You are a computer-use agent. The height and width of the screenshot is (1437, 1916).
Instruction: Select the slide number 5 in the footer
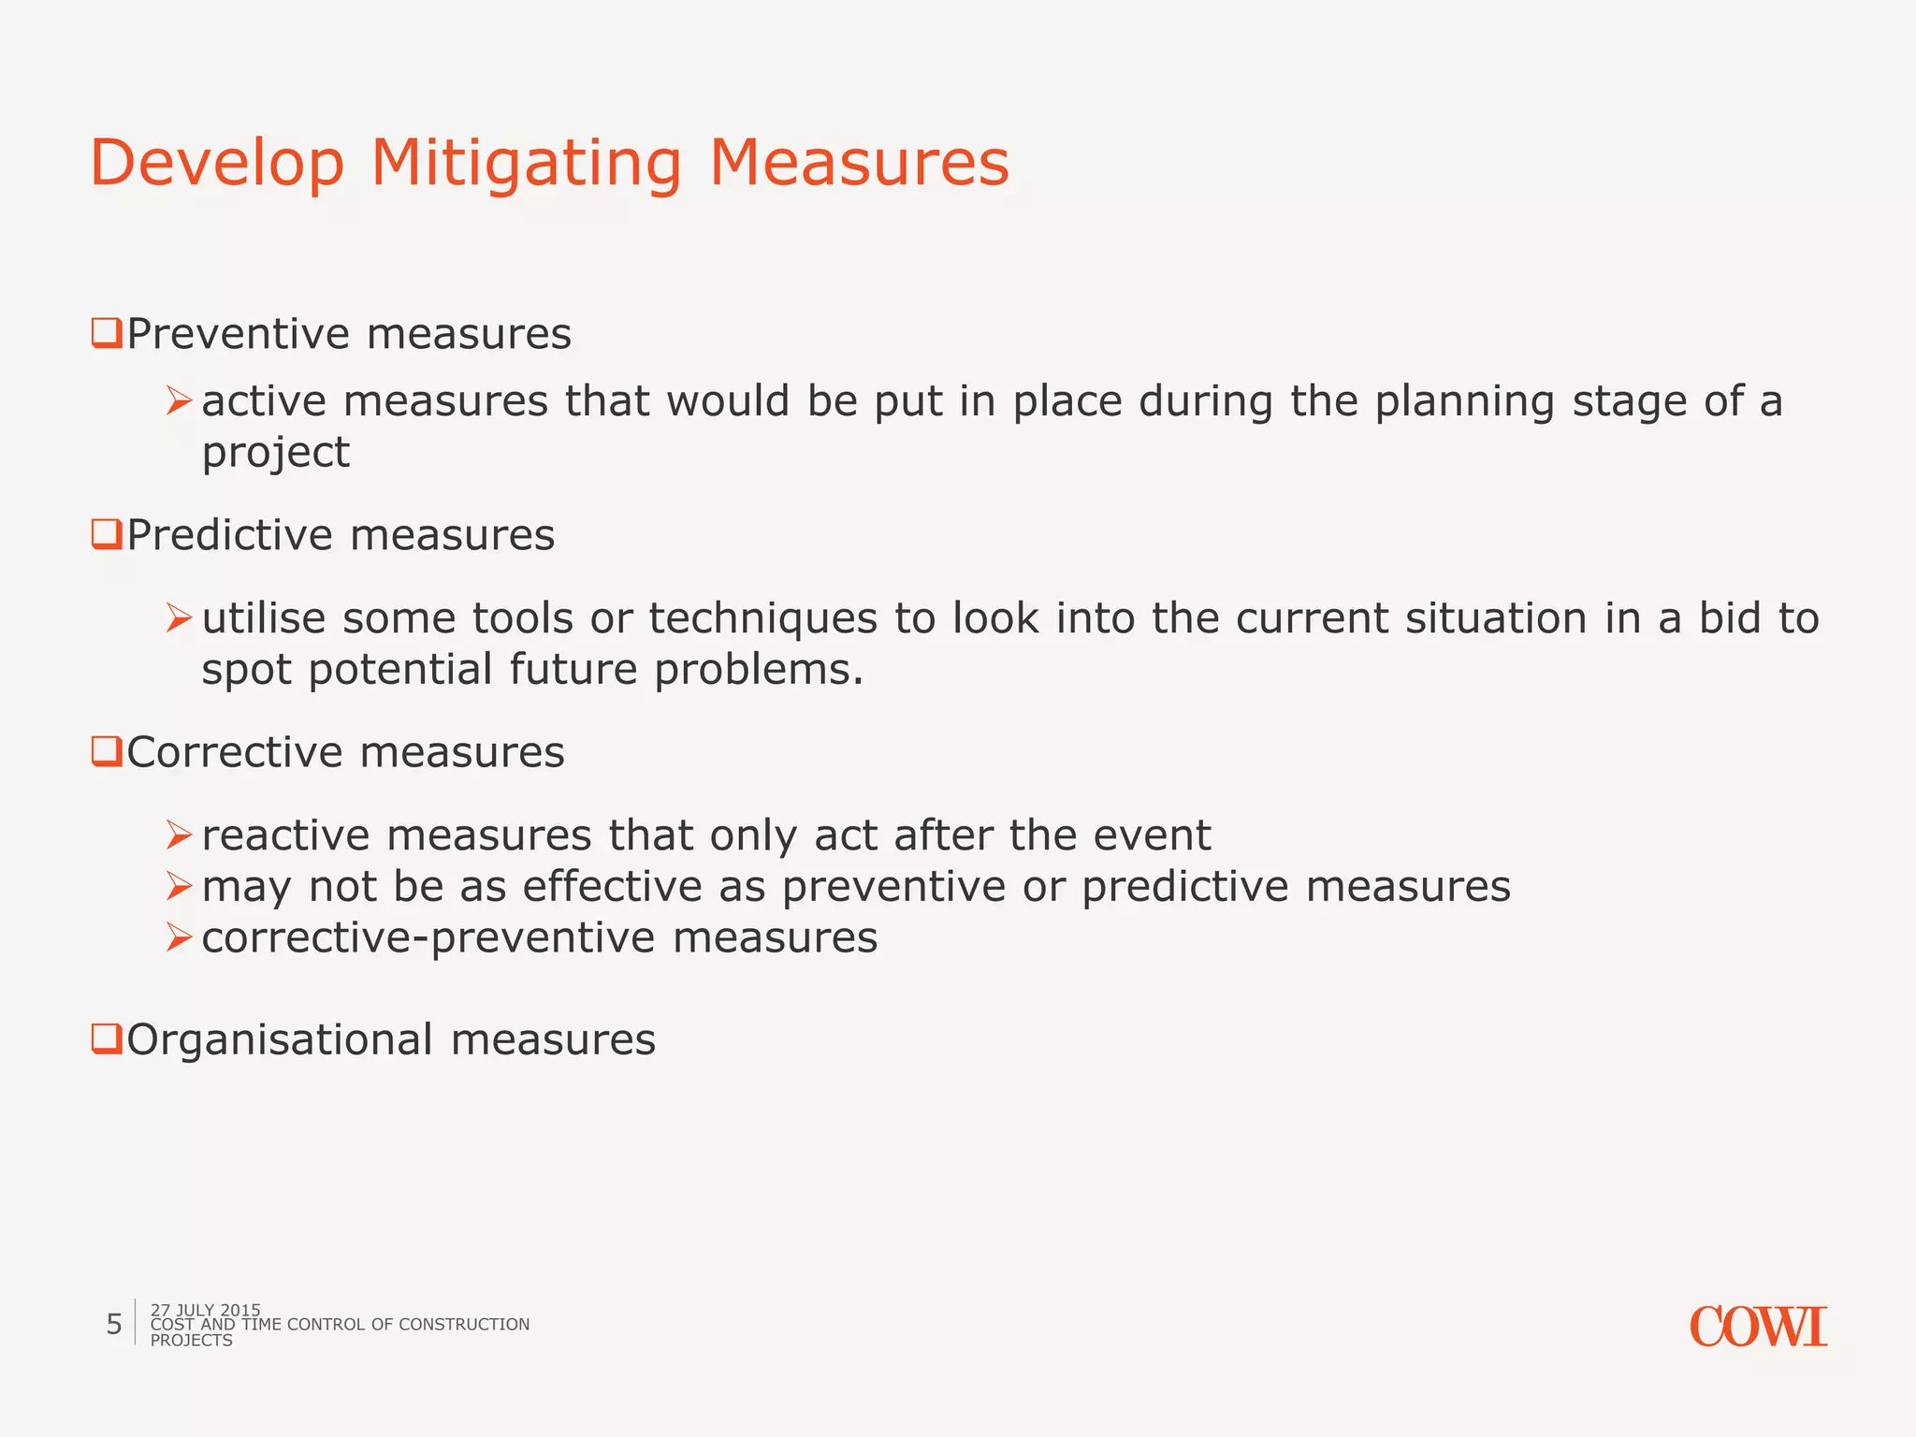114,1325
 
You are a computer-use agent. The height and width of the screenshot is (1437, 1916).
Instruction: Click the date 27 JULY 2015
205,1310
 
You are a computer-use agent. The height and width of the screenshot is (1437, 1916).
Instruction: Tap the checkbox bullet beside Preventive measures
106,334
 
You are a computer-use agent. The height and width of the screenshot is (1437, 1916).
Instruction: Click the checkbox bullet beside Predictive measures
106,535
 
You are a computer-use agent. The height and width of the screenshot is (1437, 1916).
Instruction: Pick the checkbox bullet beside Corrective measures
106,752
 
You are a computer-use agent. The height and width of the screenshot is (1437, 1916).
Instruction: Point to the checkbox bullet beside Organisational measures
106,1039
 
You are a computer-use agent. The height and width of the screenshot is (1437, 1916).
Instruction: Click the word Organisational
280,1040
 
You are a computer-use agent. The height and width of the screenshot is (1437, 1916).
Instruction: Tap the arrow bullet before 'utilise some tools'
179,618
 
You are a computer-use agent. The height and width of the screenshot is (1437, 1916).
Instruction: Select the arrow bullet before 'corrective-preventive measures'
179,937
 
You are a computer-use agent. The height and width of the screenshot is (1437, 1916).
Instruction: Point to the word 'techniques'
762,619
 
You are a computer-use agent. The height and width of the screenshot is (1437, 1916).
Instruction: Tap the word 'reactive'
285,835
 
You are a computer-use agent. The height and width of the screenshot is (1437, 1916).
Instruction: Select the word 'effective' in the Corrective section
611,887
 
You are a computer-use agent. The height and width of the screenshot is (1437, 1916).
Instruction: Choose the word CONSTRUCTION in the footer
463,1325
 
